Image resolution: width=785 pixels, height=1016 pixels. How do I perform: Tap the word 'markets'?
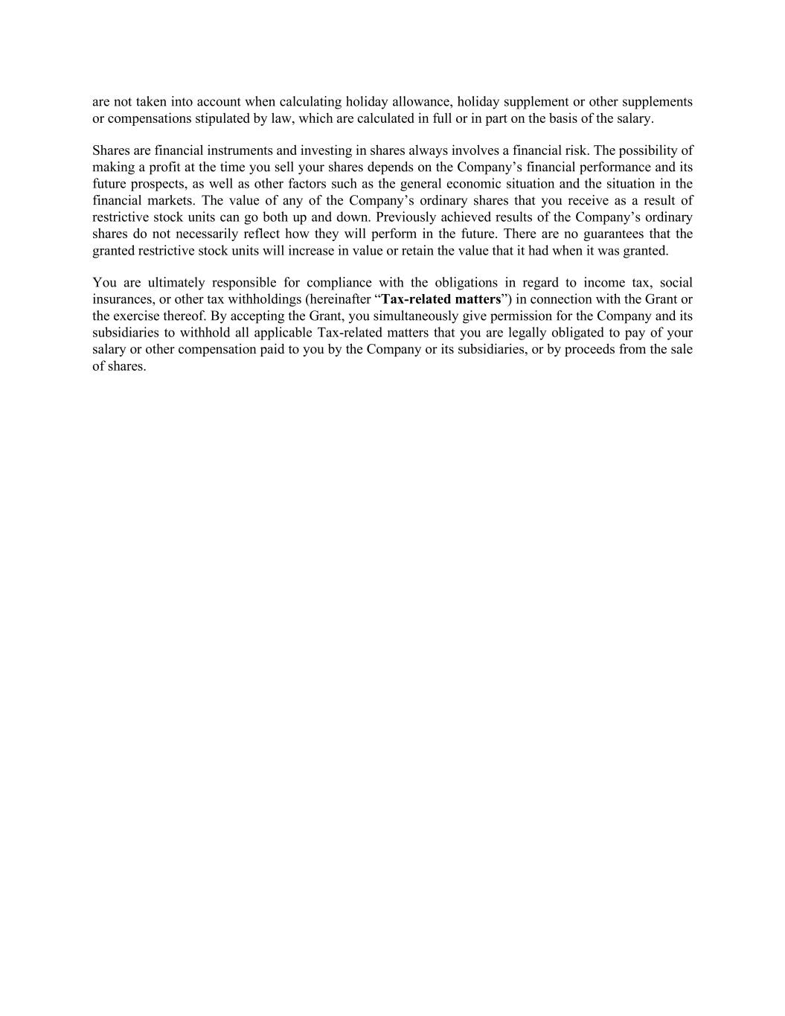(169, 200)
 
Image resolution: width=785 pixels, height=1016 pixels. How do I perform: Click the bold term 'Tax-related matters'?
(441, 299)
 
